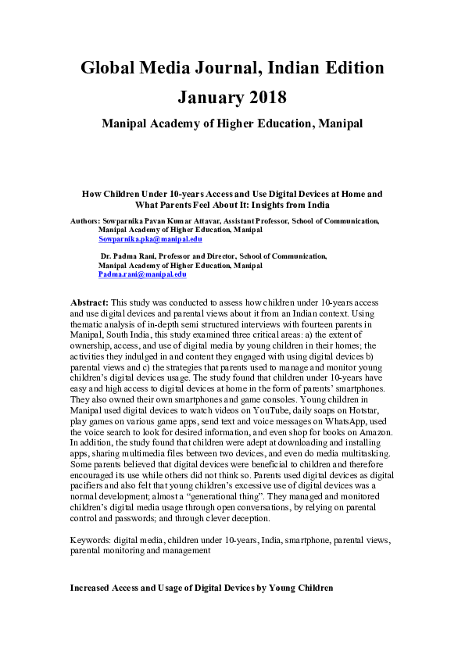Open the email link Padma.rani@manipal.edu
pos(142,274)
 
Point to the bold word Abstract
pos(90,302)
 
